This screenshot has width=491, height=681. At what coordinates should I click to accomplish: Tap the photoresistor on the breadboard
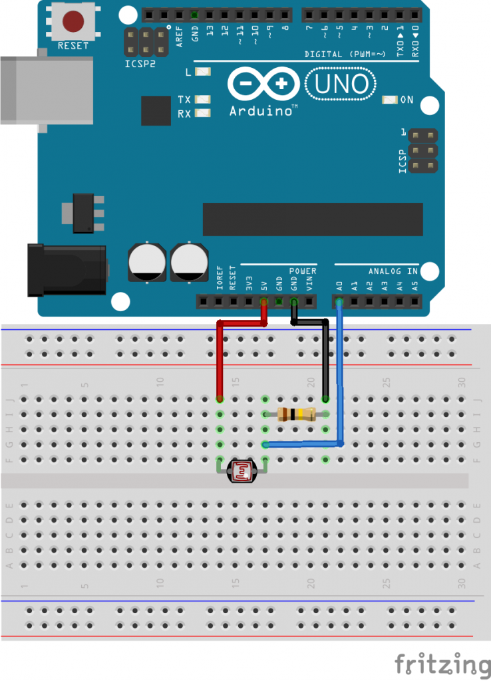point(242,472)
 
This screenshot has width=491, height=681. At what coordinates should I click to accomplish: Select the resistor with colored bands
point(295,414)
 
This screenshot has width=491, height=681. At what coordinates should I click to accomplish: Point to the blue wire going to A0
point(341,379)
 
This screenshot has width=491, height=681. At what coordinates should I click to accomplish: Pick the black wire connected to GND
point(325,359)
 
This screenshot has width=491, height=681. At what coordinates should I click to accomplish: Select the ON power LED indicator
point(390,100)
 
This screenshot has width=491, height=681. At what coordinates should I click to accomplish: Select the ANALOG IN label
point(393,271)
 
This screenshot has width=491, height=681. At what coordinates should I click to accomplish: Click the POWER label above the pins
point(303,271)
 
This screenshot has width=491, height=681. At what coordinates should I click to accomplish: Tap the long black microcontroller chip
point(312,219)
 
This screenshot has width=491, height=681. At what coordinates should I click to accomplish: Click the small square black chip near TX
point(156,110)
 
